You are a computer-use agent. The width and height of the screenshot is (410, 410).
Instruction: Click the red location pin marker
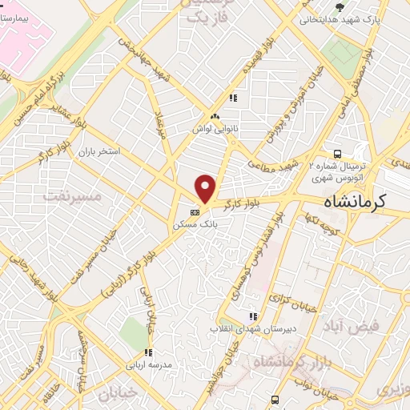206,189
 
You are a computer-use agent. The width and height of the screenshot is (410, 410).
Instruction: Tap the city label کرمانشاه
354,202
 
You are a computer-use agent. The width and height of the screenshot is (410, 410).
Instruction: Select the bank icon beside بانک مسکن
195,213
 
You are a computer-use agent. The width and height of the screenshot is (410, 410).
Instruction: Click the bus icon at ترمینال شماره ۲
339,153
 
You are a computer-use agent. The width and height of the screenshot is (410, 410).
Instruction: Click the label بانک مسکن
195,226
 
